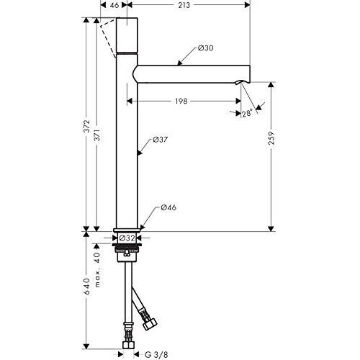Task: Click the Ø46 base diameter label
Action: point(168,209)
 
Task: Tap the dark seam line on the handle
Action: point(127,53)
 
